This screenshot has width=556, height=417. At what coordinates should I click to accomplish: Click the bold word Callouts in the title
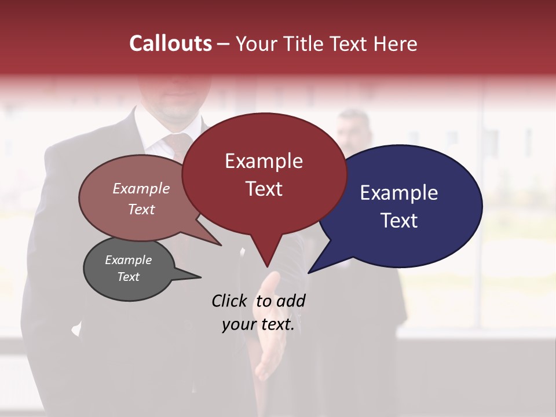[x=170, y=43]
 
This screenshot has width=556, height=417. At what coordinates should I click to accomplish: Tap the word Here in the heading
[x=396, y=44]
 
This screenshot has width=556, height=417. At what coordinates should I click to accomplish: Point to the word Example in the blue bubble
[x=399, y=193]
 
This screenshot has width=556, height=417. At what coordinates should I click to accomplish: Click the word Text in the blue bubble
[x=399, y=221]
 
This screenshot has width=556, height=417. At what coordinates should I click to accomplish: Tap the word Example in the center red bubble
[x=264, y=161]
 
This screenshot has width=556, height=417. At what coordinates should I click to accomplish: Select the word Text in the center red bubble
[x=264, y=189]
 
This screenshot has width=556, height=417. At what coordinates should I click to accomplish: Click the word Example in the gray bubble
[x=128, y=260]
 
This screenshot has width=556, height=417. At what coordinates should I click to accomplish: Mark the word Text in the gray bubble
[x=128, y=277]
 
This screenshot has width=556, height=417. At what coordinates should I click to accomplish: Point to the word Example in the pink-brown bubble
[x=141, y=189]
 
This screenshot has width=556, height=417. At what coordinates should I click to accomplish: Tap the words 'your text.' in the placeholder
[x=258, y=325]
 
